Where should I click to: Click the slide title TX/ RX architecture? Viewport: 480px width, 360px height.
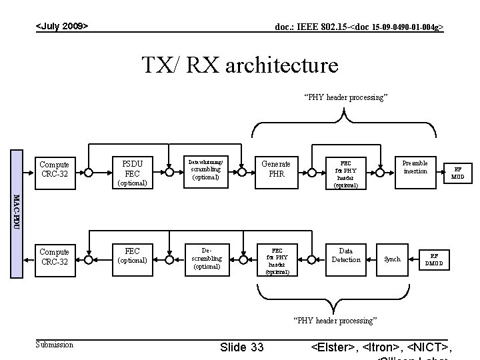pos(240,65)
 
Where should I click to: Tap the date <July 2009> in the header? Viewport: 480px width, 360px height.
pos(62,26)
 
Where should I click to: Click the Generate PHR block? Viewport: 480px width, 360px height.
pos(275,169)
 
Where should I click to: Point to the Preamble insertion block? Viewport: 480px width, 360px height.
pos(415,167)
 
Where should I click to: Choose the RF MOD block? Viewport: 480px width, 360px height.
pos(457,173)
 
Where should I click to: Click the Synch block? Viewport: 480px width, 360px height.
pos(393,259)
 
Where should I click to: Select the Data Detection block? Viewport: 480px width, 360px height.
pos(345,255)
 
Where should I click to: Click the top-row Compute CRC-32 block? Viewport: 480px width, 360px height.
pos(54,169)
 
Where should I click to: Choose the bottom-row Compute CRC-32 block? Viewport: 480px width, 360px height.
pos(54,257)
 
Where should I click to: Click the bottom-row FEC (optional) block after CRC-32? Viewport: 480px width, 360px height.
pos(132,255)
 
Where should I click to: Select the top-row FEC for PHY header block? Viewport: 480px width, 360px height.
pos(345,173)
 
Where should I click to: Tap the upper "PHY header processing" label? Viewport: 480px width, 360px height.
pos(345,97)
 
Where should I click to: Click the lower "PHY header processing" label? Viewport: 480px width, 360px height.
pos(335,321)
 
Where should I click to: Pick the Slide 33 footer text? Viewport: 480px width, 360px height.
pos(241,347)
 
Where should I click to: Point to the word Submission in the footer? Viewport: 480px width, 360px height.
pos(54,344)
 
